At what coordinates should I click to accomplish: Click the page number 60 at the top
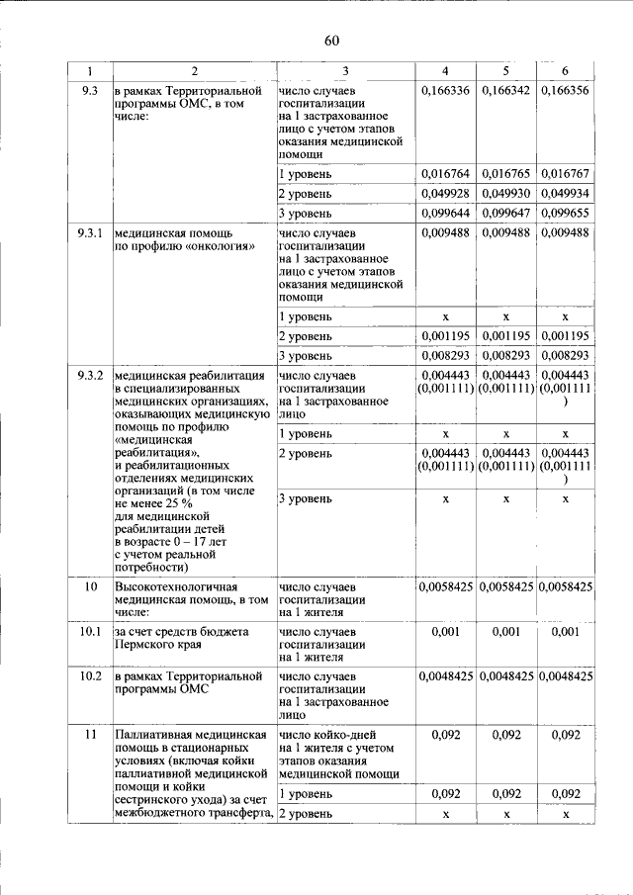coord(331,40)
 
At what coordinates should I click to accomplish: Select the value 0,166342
coord(505,90)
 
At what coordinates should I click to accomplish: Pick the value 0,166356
coord(566,90)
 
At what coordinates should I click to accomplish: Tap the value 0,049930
coord(505,194)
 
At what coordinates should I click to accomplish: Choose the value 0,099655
coord(566,213)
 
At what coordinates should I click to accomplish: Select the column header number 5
coord(505,71)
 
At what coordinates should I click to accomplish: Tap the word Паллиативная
coord(155,736)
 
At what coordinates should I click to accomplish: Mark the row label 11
coord(90,736)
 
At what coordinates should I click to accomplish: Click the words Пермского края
coord(158,644)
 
